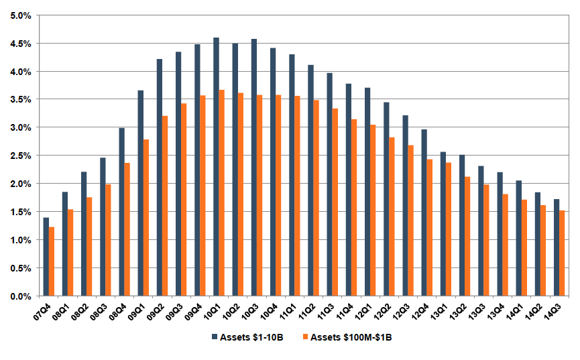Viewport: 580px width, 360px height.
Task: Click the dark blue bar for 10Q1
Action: coord(216,167)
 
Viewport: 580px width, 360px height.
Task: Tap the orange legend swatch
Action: coord(303,337)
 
